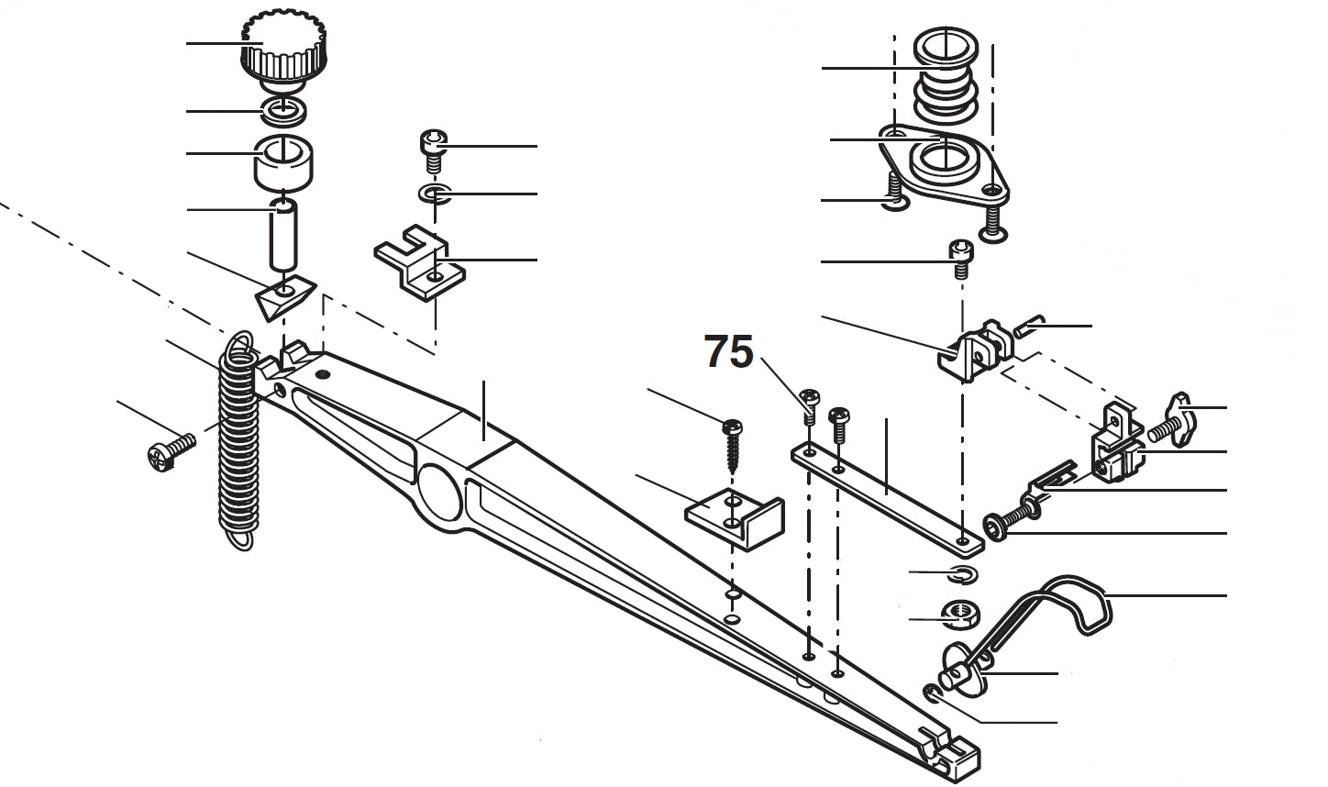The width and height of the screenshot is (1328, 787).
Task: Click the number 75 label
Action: (728, 352)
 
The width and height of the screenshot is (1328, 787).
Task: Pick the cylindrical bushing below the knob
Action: (283, 161)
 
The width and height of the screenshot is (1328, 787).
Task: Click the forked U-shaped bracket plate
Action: (417, 266)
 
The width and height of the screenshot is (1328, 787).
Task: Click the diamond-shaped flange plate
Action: (945, 165)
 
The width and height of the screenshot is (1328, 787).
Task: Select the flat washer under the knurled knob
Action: (284, 111)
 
